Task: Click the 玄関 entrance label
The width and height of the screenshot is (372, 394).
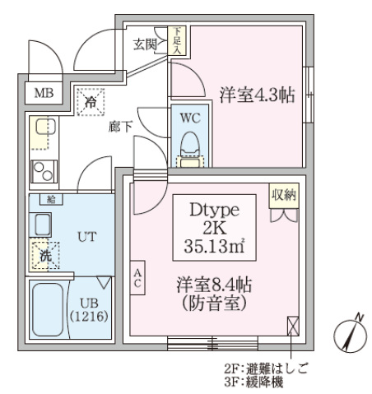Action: tap(146, 44)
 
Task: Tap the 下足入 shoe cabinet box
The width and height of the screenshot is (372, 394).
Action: tap(179, 40)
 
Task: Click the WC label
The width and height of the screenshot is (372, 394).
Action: tap(190, 118)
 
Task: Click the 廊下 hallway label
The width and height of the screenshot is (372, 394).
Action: tap(120, 127)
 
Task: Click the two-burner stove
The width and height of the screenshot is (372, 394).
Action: tap(41, 171)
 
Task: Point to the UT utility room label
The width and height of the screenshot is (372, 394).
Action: tap(86, 236)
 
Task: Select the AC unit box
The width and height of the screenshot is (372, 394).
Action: tap(139, 278)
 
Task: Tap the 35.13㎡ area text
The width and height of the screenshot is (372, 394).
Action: tap(217, 244)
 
